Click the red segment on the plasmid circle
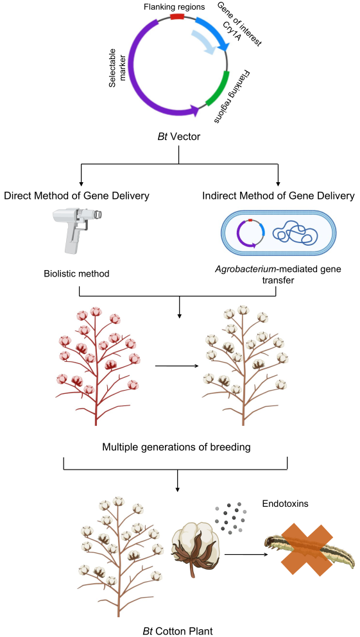coord(176,16)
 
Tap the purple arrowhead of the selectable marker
coord(195,110)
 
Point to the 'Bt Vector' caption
coord(179,136)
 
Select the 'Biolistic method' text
coord(77,273)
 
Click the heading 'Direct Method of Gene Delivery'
coord(77,196)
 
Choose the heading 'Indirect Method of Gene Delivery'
coord(279,196)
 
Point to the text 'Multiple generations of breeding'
coord(176,448)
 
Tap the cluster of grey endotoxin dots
coord(230,519)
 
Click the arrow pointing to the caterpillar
coord(246,554)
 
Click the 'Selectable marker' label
coord(117,67)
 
